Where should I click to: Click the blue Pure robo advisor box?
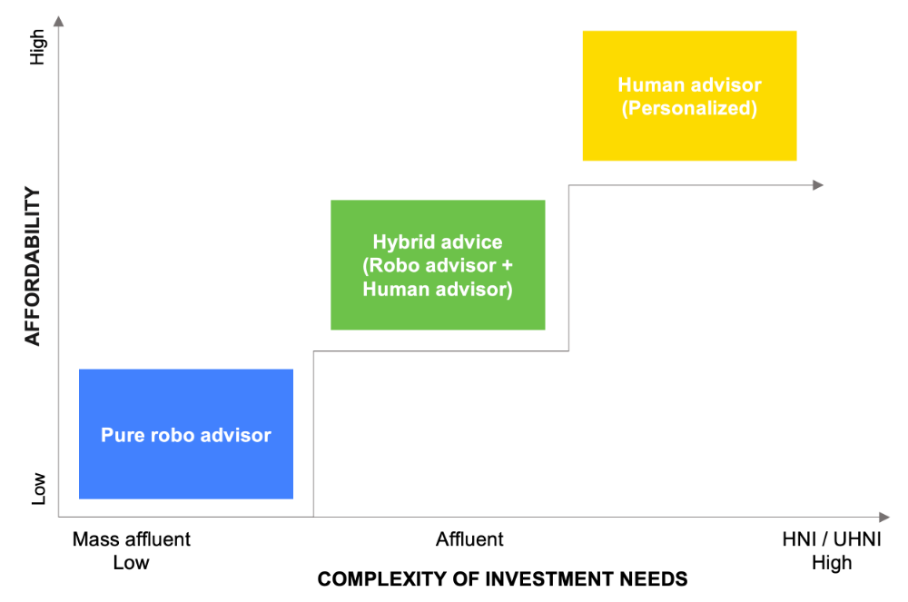(x=186, y=434)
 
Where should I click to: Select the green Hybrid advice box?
(x=438, y=265)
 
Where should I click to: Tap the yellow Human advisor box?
(x=690, y=95)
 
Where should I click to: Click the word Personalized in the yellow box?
(x=690, y=108)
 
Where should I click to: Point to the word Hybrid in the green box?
(x=400, y=242)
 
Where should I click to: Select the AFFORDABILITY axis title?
(x=33, y=267)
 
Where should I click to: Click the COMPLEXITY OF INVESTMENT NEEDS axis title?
(x=503, y=579)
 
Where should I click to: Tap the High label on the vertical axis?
(x=37, y=47)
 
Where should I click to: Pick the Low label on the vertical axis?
(x=37, y=489)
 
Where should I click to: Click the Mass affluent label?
(x=132, y=539)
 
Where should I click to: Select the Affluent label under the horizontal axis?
(x=469, y=539)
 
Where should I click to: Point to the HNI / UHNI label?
(x=832, y=539)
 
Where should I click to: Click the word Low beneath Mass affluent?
(x=132, y=562)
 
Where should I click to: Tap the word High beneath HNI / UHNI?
(x=832, y=563)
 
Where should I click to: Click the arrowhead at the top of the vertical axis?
(x=58, y=22)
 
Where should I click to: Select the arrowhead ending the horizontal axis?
(x=884, y=517)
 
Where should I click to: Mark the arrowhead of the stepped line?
(x=818, y=185)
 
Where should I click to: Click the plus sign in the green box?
(x=508, y=266)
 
